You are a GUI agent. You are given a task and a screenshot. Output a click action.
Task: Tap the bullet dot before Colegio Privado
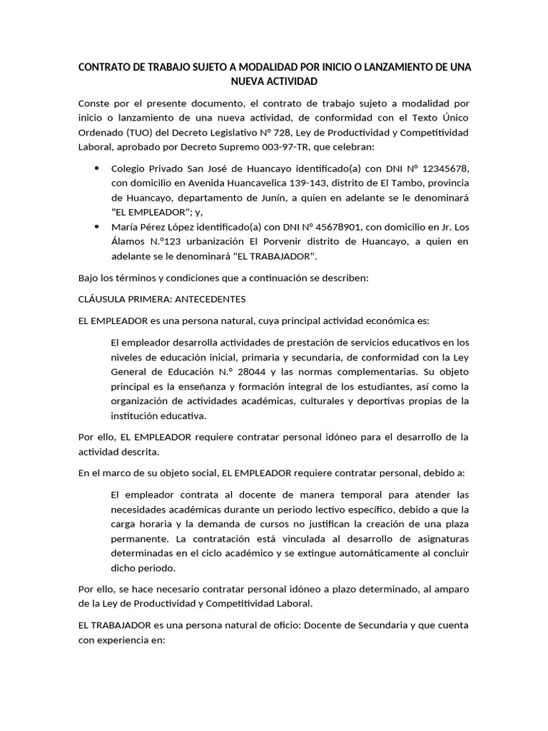click(x=96, y=168)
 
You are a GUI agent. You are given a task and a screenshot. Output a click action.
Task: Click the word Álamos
click(x=129, y=241)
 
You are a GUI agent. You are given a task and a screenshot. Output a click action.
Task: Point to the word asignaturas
click(x=436, y=539)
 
